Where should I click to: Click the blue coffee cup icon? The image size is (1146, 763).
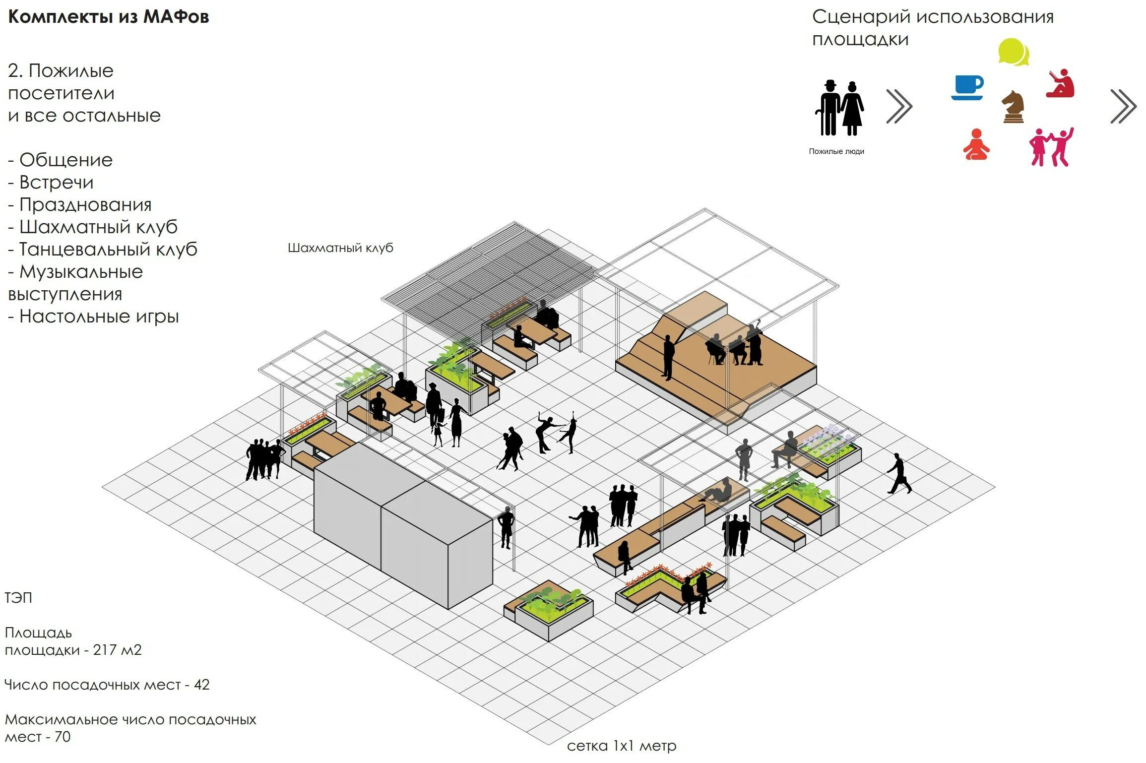coord(967,87)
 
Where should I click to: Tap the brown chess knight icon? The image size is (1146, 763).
coord(1013,107)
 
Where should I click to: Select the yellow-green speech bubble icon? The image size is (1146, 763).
coord(1013,52)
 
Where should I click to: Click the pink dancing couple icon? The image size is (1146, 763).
coord(1051,147)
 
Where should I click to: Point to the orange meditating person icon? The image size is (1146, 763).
coord(976,145)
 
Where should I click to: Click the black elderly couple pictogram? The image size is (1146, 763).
coord(839,108)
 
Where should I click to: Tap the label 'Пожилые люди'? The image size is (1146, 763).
coord(836,151)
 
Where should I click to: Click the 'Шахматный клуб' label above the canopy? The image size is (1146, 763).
coord(340,248)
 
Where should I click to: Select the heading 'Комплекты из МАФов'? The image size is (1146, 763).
coord(109,17)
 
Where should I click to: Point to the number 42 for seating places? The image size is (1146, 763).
coord(201,685)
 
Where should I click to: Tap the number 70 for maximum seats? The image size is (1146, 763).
coord(63,737)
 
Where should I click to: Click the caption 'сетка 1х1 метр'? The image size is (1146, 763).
coord(621,746)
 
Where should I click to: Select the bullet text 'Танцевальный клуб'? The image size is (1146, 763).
coord(108,249)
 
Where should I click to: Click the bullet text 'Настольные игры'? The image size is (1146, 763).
coord(99,316)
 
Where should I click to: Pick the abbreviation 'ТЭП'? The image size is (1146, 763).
coord(18,598)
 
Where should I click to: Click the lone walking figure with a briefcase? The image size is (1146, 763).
coord(899,473)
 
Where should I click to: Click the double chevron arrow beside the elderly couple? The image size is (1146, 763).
coord(899,106)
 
